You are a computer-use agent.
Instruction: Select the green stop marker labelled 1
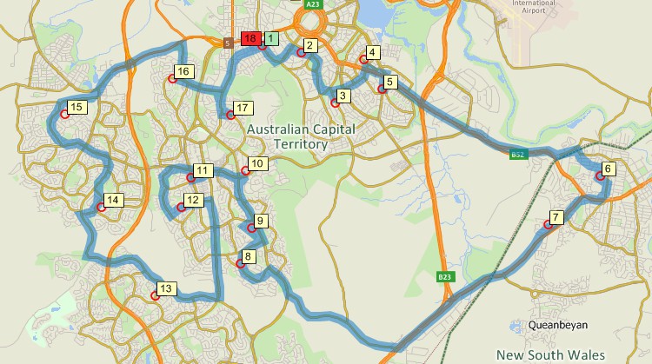pyautogui.click(x=271, y=38)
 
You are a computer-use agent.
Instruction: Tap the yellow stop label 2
pyautogui.click(x=309, y=44)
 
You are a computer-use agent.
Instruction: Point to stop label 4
pyautogui.click(x=372, y=52)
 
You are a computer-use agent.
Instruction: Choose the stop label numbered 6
pyautogui.click(x=608, y=169)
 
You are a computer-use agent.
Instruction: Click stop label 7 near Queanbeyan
pyautogui.click(x=556, y=216)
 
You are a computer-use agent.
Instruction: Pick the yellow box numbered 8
pyautogui.click(x=249, y=256)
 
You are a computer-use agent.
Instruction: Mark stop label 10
pyautogui.click(x=256, y=162)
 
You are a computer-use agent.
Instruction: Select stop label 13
pyautogui.click(x=167, y=288)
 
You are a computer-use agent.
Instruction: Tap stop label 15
pyautogui.click(x=77, y=107)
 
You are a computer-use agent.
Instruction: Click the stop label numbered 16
pyautogui.click(x=182, y=71)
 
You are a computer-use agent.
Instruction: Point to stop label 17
pyautogui.click(x=243, y=108)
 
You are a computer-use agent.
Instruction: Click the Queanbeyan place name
pyautogui.click(x=558, y=325)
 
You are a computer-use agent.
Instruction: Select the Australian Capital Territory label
pyautogui.click(x=288, y=136)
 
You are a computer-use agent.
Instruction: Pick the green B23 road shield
pyautogui.click(x=444, y=276)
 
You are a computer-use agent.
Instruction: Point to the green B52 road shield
pyautogui.click(x=518, y=155)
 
